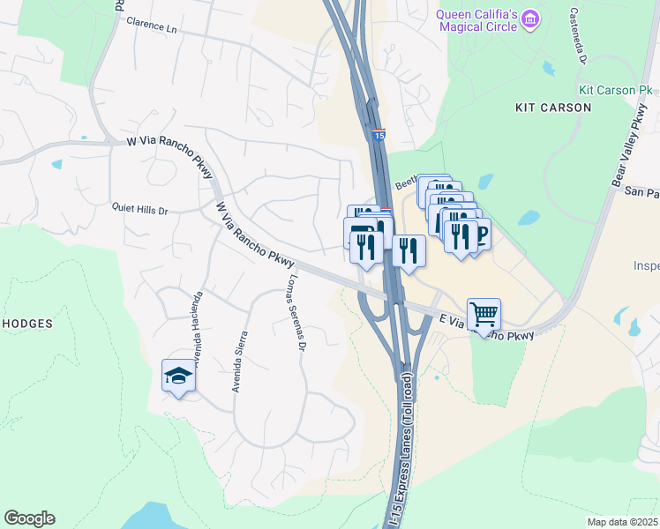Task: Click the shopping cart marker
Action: click(x=484, y=314)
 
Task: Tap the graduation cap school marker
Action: click(x=178, y=376)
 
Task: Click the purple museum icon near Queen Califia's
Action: click(x=530, y=18)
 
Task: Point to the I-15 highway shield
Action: click(x=379, y=135)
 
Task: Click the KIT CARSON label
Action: click(x=553, y=108)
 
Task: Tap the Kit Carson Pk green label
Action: click(x=615, y=90)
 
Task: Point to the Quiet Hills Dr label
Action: click(x=139, y=210)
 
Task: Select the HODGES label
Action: click(x=26, y=324)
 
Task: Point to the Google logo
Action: click(x=29, y=518)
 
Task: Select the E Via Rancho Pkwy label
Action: click(x=487, y=328)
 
